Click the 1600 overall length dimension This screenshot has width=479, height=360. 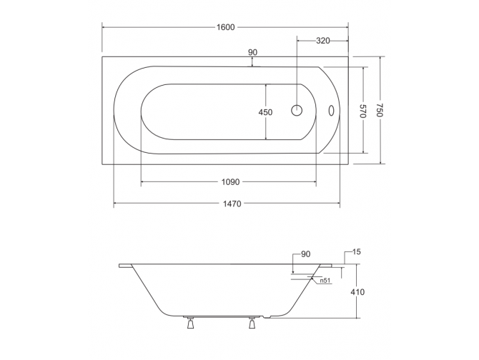(225, 27)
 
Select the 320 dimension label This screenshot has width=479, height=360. (322, 41)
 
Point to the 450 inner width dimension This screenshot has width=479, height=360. (265, 112)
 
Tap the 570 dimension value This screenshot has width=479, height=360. (362, 111)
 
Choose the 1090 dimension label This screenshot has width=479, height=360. (229, 182)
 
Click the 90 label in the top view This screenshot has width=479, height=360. (252, 52)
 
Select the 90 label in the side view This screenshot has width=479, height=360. (305, 254)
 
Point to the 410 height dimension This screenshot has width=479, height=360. (357, 292)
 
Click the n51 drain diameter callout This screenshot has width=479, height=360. (324, 281)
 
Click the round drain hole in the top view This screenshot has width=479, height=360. (297, 111)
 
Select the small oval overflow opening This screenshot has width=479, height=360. (330, 111)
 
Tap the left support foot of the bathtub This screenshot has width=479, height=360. (191, 324)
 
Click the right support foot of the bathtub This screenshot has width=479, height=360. (252, 324)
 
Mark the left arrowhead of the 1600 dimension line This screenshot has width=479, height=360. (104, 27)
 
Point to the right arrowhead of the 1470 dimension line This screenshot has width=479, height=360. (347, 204)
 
